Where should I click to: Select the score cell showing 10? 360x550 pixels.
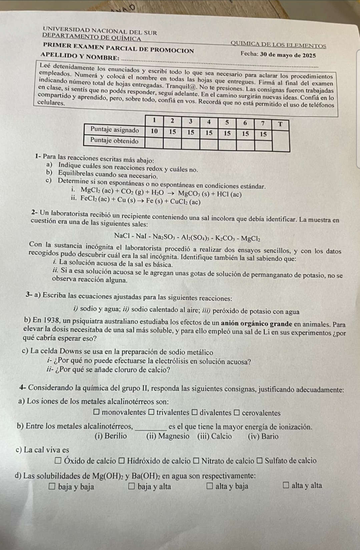coord(154,131)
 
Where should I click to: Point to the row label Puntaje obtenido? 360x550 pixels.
coord(114,141)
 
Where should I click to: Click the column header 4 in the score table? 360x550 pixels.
coord(209,122)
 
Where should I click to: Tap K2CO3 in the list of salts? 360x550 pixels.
coord(227,237)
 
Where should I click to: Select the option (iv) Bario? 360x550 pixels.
coord(263,436)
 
